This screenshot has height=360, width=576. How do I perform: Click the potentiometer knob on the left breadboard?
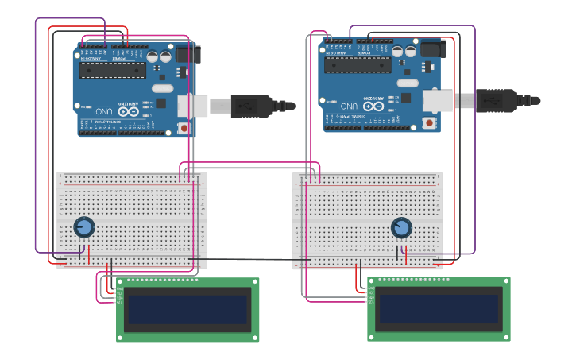tap(83, 227)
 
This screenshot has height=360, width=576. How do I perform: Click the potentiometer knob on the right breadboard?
tap(401, 228)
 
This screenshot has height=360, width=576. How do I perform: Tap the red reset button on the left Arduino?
tap(184, 128)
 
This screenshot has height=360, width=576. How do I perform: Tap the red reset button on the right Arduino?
tap(429, 122)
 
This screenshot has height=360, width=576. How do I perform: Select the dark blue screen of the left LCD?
tap(187, 309)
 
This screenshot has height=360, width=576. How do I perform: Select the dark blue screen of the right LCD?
tap(439, 309)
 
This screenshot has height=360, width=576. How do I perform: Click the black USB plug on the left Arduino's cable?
tap(251, 106)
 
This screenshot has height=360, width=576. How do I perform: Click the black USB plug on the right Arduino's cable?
tap(497, 100)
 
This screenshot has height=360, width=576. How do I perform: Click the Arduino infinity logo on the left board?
tap(129, 111)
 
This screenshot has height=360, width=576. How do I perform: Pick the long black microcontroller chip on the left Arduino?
tap(112, 70)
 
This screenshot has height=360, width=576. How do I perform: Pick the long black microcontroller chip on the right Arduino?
tap(358, 64)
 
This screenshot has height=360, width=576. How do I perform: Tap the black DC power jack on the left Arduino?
tap(188, 53)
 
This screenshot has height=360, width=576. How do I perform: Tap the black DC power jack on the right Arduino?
tap(434, 48)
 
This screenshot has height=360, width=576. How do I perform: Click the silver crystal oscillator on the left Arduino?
tap(163, 88)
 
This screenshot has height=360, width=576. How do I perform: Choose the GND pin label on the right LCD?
tap(371, 288)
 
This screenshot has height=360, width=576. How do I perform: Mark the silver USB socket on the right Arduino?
tap(437, 100)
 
